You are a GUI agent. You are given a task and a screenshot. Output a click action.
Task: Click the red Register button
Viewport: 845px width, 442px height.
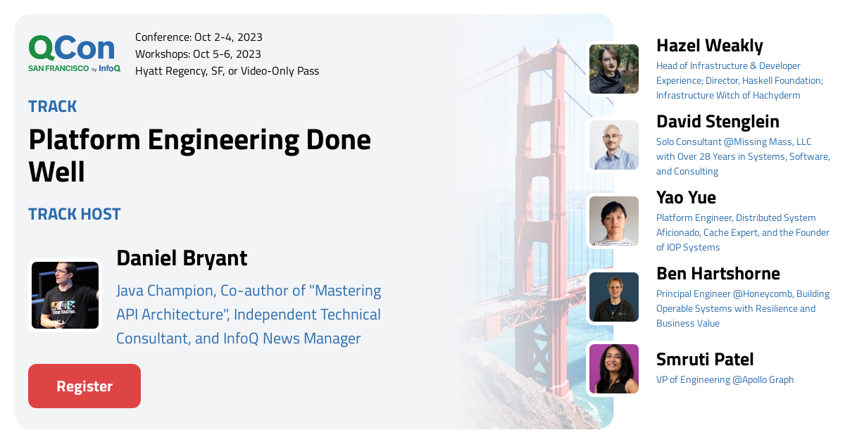(84, 386)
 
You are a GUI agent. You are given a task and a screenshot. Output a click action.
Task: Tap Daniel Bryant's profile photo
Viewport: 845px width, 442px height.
(65, 295)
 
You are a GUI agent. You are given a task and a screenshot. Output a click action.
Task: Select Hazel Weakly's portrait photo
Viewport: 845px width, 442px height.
(614, 69)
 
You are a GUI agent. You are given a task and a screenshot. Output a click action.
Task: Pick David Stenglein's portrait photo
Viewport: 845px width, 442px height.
(614, 145)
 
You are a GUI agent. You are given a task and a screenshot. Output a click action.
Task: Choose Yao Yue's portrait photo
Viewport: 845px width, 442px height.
(614, 221)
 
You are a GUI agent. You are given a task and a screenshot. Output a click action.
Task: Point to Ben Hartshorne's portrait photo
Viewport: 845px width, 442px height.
(614, 297)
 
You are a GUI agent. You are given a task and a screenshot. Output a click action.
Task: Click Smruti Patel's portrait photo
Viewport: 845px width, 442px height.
(614, 368)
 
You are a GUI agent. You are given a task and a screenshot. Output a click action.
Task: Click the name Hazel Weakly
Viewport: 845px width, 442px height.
(709, 46)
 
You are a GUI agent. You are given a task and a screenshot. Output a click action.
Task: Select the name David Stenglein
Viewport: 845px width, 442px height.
(718, 122)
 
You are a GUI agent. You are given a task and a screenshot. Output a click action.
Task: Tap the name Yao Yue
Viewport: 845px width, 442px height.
(686, 198)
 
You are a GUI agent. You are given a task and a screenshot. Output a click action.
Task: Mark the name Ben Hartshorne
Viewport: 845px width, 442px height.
(718, 274)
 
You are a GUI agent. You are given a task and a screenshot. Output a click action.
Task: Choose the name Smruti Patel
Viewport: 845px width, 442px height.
(705, 360)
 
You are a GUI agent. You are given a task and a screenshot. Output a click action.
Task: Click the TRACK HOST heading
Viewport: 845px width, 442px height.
(75, 214)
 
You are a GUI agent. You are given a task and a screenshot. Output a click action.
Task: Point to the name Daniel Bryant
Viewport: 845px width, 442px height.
(182, 258)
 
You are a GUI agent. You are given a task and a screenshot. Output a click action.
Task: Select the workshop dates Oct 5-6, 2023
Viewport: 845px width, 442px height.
(227, 54)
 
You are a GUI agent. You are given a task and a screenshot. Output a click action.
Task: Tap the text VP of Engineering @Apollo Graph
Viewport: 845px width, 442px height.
(725, 380)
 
